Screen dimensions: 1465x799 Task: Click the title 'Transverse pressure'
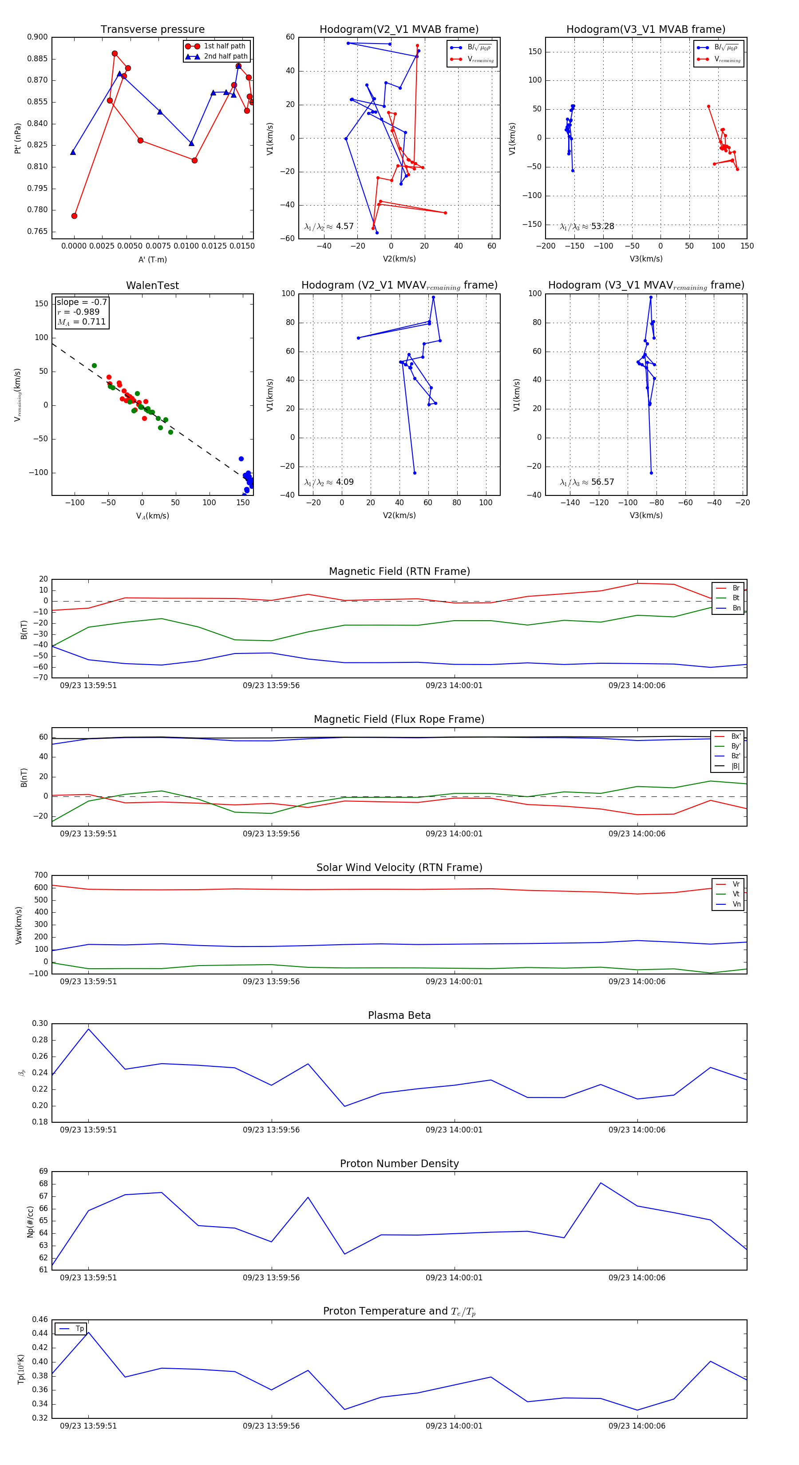point(152,30)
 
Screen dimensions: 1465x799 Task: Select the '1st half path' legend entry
point(225,46)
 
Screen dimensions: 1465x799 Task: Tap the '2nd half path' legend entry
point(225,56)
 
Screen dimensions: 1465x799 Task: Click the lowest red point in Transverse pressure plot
point(75,216)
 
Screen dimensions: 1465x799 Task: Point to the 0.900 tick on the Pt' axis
point(38,37)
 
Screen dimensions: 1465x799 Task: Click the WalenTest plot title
point(152,285)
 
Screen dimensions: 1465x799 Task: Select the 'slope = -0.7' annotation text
point(82,302)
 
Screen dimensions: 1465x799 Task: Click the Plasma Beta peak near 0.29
point(88,1029)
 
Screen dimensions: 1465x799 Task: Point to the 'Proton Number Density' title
point(399,1164)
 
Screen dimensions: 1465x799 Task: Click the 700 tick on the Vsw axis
point(41,875)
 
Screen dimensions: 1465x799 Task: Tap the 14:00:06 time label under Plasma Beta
point(637,1130)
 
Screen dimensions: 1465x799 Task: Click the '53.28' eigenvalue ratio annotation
point(602,226)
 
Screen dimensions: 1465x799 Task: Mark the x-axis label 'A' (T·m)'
point(152,259)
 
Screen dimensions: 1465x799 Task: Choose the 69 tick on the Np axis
point(43,1172)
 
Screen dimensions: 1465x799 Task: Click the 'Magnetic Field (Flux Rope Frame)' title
point(399,720)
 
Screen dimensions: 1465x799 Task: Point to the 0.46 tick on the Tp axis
point(40,1319)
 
